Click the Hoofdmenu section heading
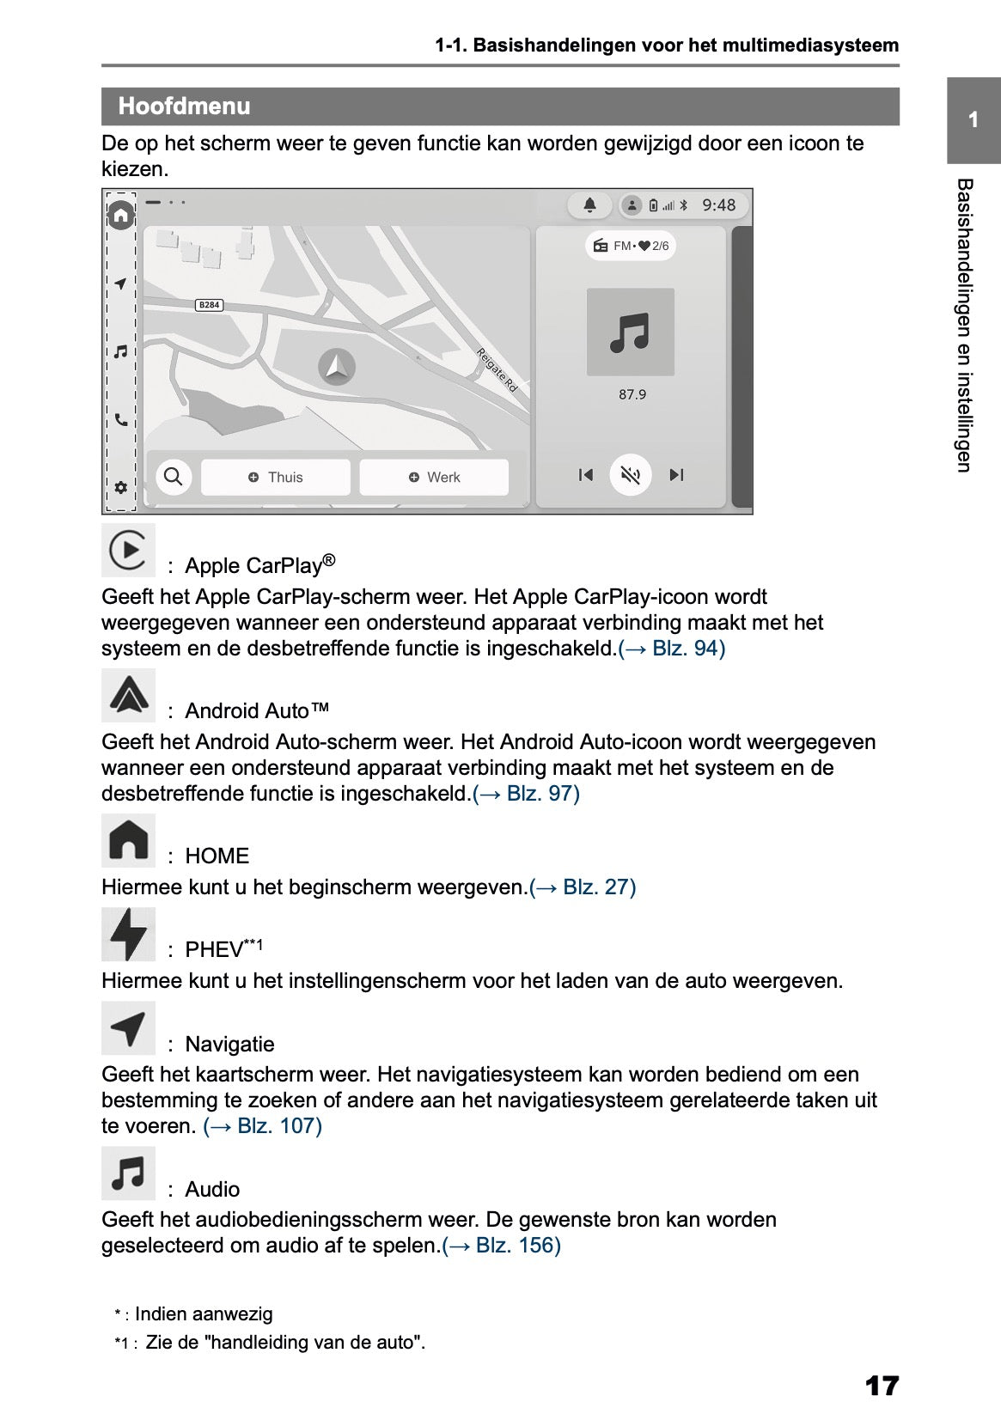click(x=184, y=107)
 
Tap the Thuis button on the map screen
click(x=276, y=477)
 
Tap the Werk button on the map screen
click(x=434, y=477)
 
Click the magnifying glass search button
click(x=173, y=476)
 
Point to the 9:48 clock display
click(x=718, y=205)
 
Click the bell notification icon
click(x=589, y=205)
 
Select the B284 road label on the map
click(x=209, y=305)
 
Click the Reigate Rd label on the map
click(x=497, y=370)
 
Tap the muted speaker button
click(x=631, y=475)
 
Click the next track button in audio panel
click(x=676, y=475)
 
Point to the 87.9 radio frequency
click(x=632, y=394)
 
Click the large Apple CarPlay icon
click(x=128, y=550)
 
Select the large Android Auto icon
click(x=128, y=695)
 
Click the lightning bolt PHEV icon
click(x=128, y=934)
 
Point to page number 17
click(x=882, y=1385)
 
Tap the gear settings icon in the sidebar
click(x=120, y=487)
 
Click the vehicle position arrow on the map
click(x=336, y=366)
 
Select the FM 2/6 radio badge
click(x=631, y=247)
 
